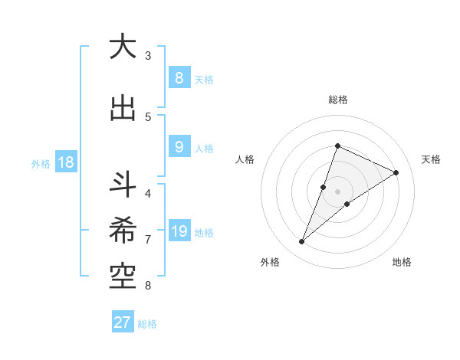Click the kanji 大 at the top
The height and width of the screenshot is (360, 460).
[x=123, y=47]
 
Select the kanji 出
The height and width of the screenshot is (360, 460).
[x=123, y=108]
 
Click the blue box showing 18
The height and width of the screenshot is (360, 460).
[x=65, y=162]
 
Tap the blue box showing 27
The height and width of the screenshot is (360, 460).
[x=123, y=322]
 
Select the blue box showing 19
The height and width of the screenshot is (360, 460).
[x=179, y=231]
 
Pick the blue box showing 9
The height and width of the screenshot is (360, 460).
[x=179, y=147]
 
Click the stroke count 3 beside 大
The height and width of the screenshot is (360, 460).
[x=148, y=56]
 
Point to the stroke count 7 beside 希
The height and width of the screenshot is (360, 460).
[x=148, y=240]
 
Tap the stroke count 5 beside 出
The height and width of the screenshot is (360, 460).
[x=148, y=116]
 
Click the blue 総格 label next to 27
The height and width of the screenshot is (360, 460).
[x=147, y=324]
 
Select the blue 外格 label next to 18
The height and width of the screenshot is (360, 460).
[x=41, y=163]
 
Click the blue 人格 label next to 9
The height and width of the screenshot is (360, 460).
[x=204, y=149]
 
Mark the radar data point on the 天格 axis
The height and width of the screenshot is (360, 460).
[x=396, y=172]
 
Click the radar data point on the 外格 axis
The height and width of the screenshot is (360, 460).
[x=302, y=242]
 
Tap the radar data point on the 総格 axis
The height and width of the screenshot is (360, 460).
[x=337, y=146]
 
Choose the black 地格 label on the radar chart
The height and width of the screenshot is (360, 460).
[x=402, y=262]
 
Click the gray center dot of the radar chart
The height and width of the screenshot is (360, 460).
[x=337, y=191]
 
